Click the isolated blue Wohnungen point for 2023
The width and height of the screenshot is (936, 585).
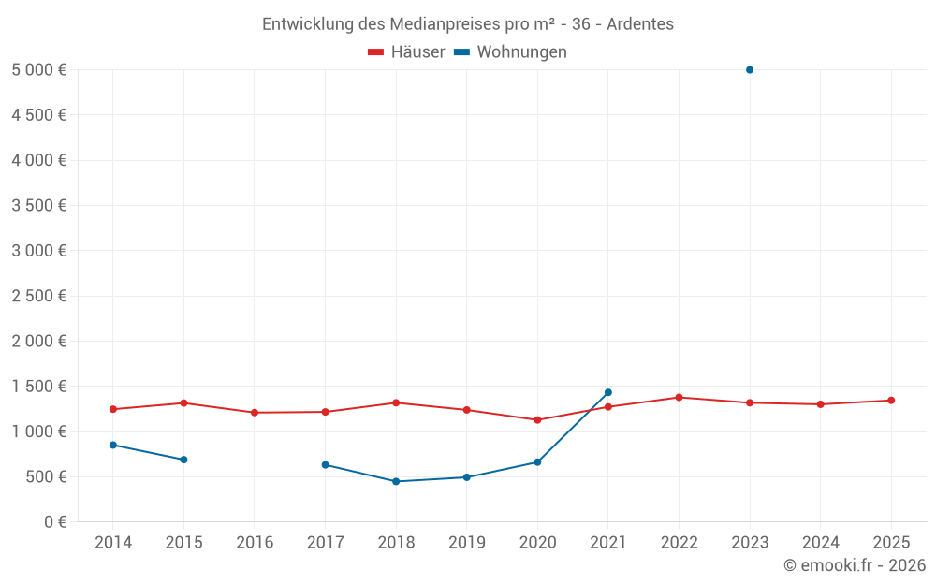(x=750, y=70)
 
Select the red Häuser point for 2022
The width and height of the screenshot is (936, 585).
(x=679, y=398)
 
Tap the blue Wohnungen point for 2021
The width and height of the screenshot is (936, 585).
(x=608, y=392)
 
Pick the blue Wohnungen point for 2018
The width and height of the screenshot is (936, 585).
(x=396, y=481)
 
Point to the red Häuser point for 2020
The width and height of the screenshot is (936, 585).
(x=537, y=420)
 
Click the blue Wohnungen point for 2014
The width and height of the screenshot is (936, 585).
(x=113, y=445)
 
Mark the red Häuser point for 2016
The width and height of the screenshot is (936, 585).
(x=255, y=413)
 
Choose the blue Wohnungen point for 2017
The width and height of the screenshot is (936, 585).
(x=325, y=465)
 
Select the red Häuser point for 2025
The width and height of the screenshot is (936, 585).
(x=891, y=401)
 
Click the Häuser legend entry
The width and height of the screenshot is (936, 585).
(x=406, y=52)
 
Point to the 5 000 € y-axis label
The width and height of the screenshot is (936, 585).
(x=39, y=70)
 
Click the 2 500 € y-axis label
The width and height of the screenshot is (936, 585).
(x=39, y=296)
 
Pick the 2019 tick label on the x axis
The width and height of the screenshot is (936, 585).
(x=466, y=543)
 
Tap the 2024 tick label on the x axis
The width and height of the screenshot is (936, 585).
(x=820, y=543)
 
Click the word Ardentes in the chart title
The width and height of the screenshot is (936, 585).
(x=640, y=24)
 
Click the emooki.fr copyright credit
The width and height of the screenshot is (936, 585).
(x=855, y=565)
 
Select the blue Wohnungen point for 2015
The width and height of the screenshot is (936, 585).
(x=183, y=460)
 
